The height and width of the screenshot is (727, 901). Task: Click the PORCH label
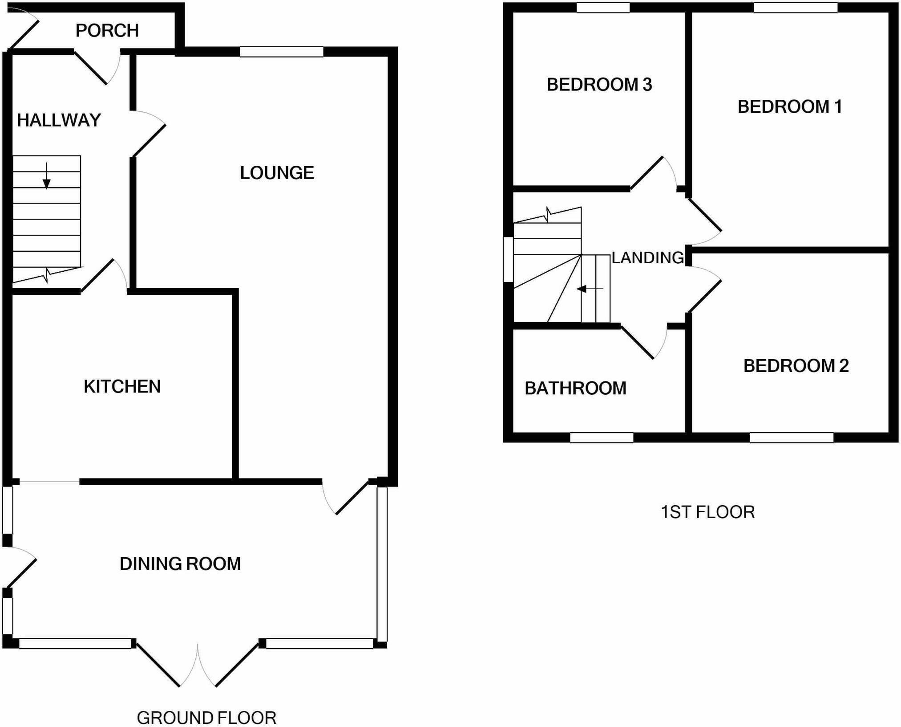(107, 30)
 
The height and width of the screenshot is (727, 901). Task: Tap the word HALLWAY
(59, 120)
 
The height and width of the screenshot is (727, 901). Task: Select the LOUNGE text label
(277, 173)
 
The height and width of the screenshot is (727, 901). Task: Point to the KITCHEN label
(122, 386)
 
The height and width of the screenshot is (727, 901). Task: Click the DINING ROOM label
(180, 564)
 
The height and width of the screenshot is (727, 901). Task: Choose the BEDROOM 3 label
(599, 85)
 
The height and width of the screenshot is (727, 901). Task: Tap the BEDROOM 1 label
(790, 107)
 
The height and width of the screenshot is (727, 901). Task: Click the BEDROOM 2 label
(796, 366)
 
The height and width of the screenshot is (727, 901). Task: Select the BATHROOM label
(575, 388)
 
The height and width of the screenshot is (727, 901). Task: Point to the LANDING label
(647, 257)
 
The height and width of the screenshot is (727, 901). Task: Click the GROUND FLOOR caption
(206, 718)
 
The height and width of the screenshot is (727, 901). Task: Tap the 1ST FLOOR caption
(707, 512)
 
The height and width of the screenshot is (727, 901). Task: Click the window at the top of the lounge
(281, 52)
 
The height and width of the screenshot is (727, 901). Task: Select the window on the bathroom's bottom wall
(602, 437)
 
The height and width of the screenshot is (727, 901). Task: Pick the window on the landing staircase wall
(508, 259)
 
